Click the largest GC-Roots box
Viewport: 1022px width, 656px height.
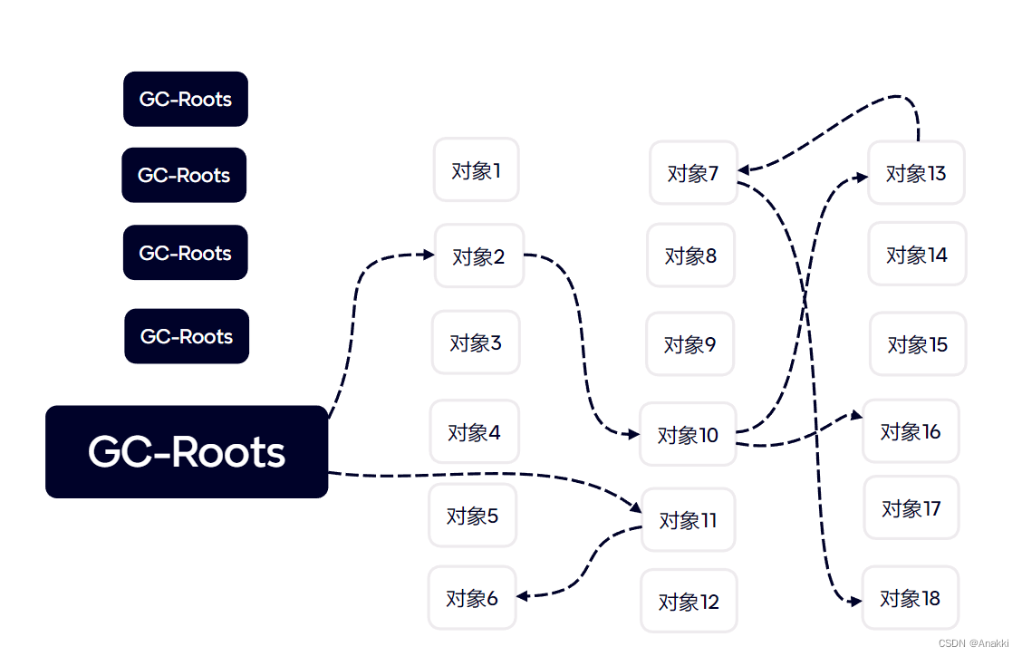[x=187, y=451]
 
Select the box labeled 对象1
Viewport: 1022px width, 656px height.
[x=476, y=169]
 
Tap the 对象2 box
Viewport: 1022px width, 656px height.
[x=478, y=256]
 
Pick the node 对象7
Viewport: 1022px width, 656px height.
[x=693, y=172]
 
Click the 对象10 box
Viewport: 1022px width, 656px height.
[x=688, y=435]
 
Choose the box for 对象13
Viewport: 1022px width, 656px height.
[x=915, y=172]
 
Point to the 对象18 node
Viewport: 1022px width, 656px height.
[x=910, y=598]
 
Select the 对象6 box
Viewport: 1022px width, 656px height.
[x=472, y=598]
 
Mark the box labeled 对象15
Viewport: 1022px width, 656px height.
[x=917, y=344]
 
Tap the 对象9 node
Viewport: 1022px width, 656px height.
[x=690, y=344]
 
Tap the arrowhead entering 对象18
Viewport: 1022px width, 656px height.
[x=854, y=601]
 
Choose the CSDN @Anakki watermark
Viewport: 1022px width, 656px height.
[x=973, y=643]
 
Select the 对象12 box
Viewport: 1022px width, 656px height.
[x=689, y=601]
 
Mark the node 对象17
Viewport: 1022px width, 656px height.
[x=911, y=508]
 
